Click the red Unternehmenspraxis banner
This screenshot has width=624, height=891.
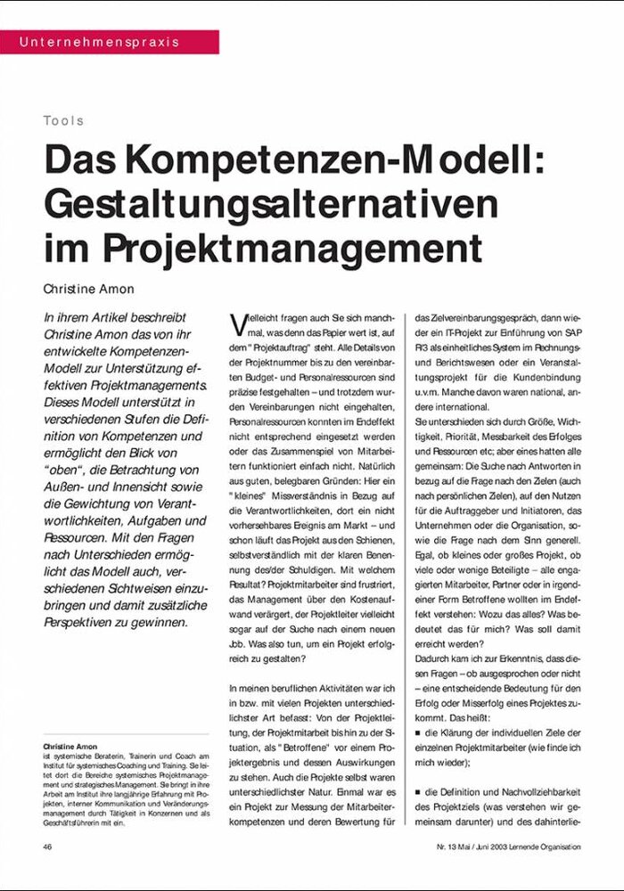click(109, 42)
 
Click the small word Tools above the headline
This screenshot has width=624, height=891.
click(63, 120)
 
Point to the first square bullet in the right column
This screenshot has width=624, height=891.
click(419, 732)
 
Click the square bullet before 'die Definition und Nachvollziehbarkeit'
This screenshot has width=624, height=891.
click(419, 791)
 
